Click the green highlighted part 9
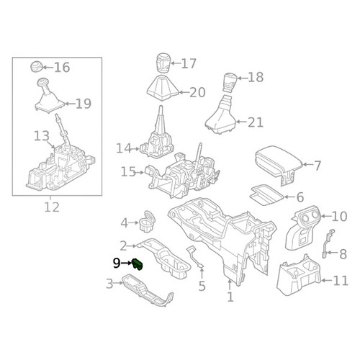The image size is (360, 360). [138, 264]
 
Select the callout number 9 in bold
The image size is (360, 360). [117, 264]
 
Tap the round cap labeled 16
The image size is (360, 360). [37, 67]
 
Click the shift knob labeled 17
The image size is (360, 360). [163, 63]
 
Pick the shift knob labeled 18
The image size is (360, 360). [230, 83]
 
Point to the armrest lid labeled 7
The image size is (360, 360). [279, 159]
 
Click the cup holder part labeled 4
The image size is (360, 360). [148, 222]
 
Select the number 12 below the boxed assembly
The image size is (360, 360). [52, 207]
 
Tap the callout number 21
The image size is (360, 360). [256, 122]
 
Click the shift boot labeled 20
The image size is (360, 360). [163, 88]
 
